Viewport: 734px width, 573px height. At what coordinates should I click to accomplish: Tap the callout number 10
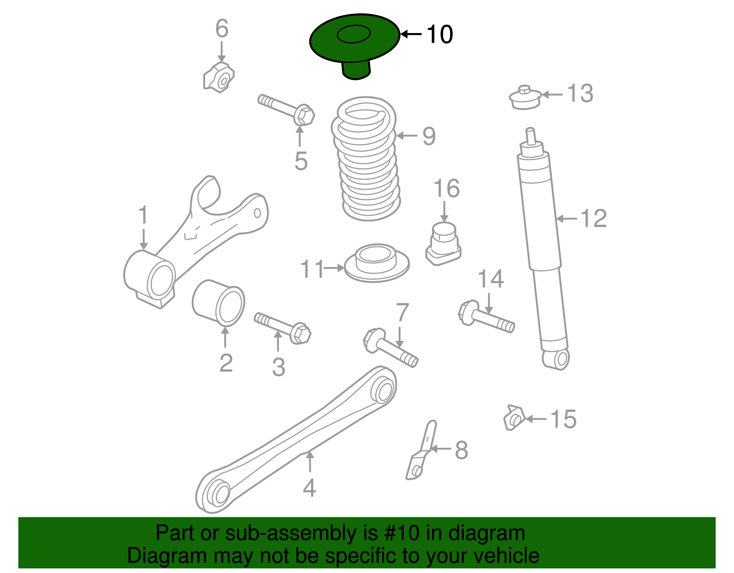(x=439, y=34)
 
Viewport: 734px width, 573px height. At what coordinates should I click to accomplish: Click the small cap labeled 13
(x=525, y=98)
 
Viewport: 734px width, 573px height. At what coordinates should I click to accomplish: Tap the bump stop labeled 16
(x=443, y=243)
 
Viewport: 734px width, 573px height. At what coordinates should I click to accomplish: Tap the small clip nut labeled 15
(x=514, y=418)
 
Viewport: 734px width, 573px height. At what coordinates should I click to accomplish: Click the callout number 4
(x=310, y=488)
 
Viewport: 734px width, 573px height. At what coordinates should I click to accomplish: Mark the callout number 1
(x=144, y=216)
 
